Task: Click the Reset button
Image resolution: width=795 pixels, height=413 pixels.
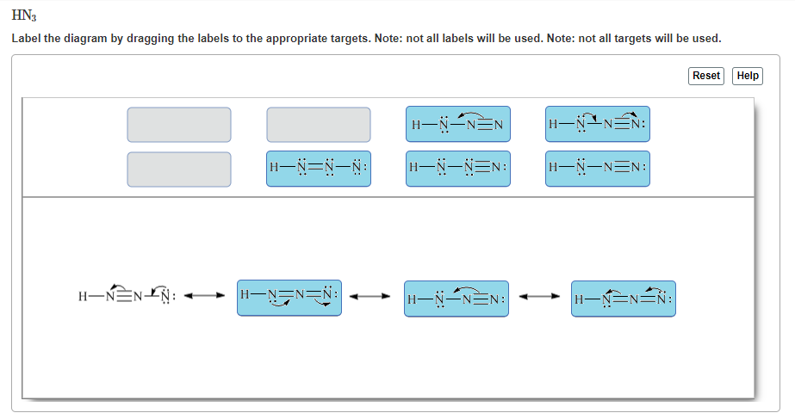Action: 706,76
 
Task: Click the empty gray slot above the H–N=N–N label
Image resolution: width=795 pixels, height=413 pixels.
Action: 319,125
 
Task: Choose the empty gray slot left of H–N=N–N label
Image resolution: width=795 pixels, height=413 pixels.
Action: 179,170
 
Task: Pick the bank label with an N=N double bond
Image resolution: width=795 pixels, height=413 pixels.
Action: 319,170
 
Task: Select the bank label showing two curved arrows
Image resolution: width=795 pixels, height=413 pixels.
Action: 598,125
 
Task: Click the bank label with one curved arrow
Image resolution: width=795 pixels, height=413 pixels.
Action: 458,125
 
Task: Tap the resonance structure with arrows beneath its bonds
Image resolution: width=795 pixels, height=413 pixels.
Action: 289,298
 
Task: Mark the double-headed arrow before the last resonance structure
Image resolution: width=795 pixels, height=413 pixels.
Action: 539,299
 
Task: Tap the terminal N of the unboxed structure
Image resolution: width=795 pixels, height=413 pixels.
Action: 167,299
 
